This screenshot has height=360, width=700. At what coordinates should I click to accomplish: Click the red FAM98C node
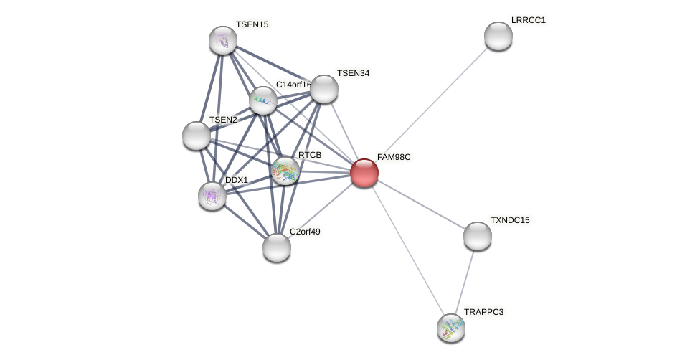pos(364,173)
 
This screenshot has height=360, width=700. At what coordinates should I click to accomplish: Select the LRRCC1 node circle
pos(498,36)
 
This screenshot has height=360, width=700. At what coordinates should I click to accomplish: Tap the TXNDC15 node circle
pos(477,236)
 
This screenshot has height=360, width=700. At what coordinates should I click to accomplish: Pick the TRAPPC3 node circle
pos(450,328)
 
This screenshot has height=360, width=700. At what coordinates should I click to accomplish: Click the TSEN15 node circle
pos(223,40)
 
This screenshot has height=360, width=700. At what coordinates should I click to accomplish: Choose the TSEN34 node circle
pos(323,89)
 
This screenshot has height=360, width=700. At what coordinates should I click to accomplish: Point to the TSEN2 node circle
pos(197,136)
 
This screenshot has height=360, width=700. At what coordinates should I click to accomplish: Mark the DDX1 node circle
pos(212,195)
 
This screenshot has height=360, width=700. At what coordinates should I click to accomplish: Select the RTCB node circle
pos(285,171)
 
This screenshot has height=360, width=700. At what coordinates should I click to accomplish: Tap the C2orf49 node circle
pos(277,247)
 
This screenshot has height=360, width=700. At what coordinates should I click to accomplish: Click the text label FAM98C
pos(394,157)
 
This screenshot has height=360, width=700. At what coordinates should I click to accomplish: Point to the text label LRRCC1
pos(529,20)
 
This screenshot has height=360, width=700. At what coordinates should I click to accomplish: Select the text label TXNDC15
pos(510,220)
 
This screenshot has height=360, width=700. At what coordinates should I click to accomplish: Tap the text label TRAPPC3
pos(484,312)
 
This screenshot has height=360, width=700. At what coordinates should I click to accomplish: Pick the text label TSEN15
pos(252,24)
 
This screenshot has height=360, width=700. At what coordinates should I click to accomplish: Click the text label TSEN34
pos(353,73)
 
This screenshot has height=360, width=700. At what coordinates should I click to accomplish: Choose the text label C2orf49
pos(305,232)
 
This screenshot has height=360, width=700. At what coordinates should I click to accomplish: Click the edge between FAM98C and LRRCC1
pos(430,105)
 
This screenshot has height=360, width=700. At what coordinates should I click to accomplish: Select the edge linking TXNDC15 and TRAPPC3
pos(464,281)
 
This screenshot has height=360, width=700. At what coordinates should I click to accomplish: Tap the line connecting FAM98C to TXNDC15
pos(420,204)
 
